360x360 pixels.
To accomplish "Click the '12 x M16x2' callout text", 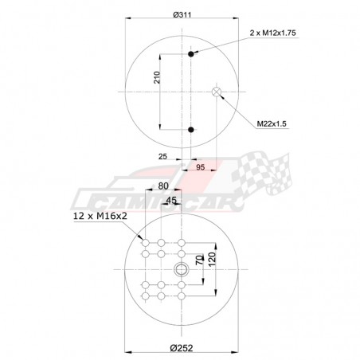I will (100, 217).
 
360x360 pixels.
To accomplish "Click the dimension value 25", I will (162, 156).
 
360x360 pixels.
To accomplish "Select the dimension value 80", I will (163, 186).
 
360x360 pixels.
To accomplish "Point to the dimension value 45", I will (171, 202).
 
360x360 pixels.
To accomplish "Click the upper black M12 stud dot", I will (191, 54).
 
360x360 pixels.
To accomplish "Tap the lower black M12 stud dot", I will (191, 128).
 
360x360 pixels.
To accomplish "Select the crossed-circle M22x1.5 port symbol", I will (216, 92).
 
